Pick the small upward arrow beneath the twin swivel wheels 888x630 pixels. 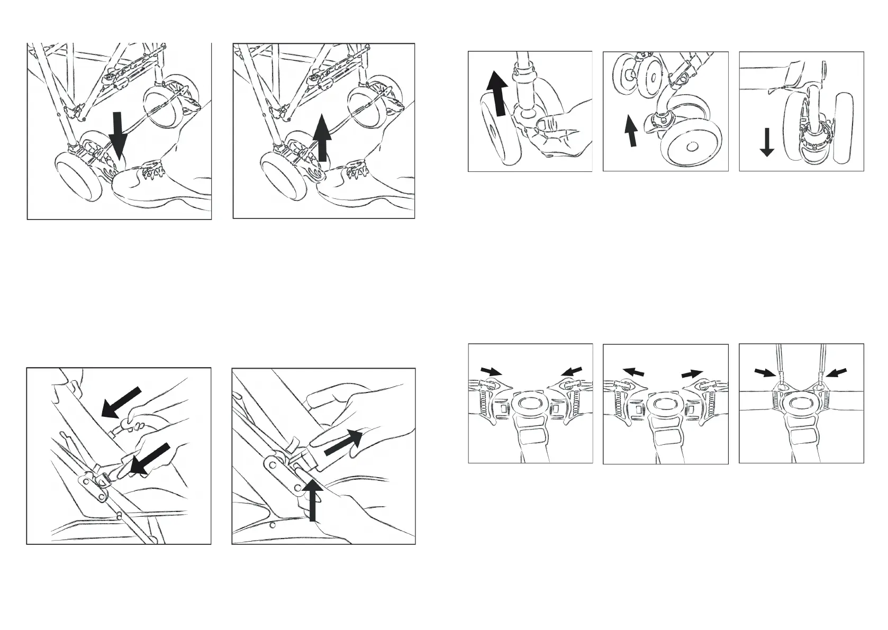click(x=630, y=132)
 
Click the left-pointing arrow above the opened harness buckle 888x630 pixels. click(x=634, y=372)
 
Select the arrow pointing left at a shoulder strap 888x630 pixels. click(x=836, y=373)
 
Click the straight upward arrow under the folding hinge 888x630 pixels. click(x=313, y=500)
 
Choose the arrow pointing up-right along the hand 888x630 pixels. click(x=343, y=442)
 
